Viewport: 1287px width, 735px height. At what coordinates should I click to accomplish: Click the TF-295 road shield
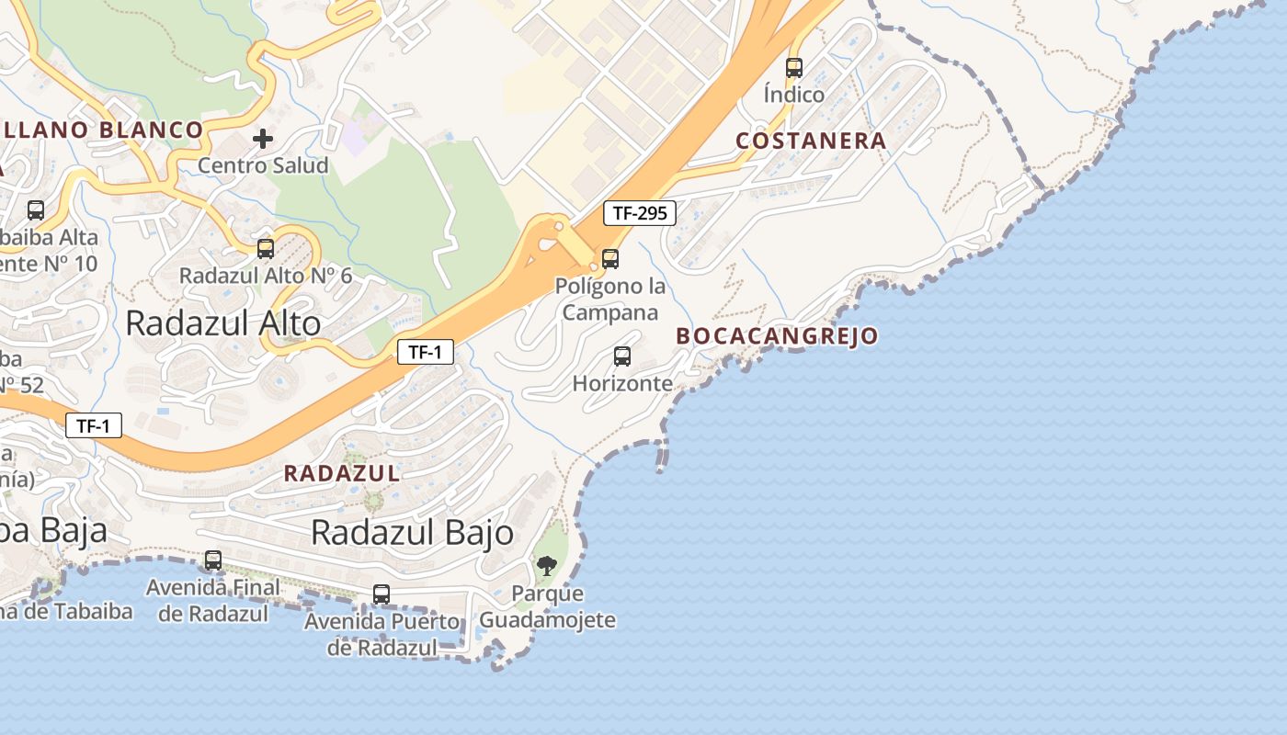pyautogui.click(x=640, y=213)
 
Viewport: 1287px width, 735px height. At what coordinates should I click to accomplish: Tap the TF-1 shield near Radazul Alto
pyautogui.click(x=426, y=351)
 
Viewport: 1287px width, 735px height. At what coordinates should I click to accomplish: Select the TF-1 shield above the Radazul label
pyautogui.click(x=94, y=425)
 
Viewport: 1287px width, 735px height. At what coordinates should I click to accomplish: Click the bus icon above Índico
pyautogui.click(x=794, y=68)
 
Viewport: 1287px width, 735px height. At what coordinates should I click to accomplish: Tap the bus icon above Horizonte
pyautogui.click(x=622, y=356)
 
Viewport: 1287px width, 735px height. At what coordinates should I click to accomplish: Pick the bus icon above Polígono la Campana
pyautogui.click(x=610, y=259)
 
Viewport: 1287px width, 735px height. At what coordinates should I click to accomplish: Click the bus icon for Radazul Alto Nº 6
pyautogui.click(x=266, y=248)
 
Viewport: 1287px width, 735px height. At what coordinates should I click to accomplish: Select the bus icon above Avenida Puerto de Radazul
pyautogui.click(x=382, y=594)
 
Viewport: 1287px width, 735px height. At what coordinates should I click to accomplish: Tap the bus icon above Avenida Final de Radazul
pyautogui.click(x=213, y=560)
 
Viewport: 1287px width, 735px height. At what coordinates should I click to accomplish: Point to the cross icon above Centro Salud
pyautogui.click(x=263, y=139)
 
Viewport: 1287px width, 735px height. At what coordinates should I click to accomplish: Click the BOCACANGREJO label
pyautogui.click(x=777, y=336)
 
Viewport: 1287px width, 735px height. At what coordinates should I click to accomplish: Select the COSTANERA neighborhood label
pyautogui.click(x=811, y=141)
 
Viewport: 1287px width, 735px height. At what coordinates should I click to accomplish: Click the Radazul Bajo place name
pyautogui.click(x=412, y=532)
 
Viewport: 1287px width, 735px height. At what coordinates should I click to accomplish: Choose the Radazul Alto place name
pyautogui.click(x=222, y=322)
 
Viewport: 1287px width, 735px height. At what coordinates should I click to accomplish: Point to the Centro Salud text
pyautogui.click(x=263, y=166)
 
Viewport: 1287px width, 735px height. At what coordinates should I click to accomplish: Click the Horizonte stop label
pyautogui.click(x=622, y=383)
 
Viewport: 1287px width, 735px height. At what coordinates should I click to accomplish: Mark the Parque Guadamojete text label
pyautogui.click(x=547, y=606)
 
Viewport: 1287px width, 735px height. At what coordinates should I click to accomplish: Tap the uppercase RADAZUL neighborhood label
pyautogui.click(x=341, y=473)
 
